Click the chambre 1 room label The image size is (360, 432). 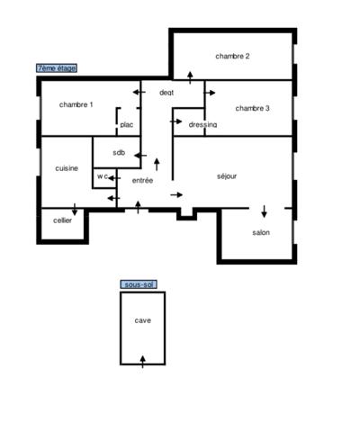pos(76,105)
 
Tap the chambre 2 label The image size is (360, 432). pos(232,56)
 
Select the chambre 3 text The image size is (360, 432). pos(253,108)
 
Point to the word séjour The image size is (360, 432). pos(228,175)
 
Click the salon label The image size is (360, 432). pos(261,232)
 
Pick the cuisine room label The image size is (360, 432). pos(67,168)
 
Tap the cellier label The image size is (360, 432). pos(62,220)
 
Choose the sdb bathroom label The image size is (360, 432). pos(119,151)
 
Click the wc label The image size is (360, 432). pos(103,176)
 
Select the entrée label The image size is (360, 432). pos(142,181)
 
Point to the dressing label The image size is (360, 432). pos(202,124)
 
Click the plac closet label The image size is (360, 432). pos(127,124)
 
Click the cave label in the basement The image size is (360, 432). pos(142,320)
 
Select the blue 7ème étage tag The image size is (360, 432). pos(57,67)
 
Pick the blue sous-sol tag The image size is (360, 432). pos(139,284)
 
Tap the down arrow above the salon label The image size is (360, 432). pos(265,212)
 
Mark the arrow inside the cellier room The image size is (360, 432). pos(74,211)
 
